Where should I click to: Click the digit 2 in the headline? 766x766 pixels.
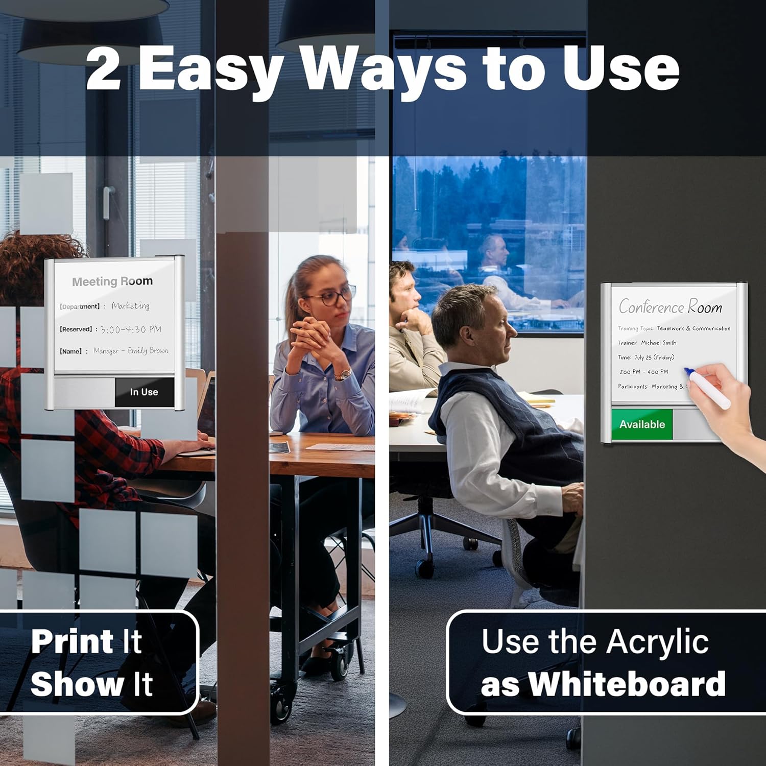coord(104,68)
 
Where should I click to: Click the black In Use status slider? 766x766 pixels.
coord(145,392)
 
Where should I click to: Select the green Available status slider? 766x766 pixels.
coord(642,424)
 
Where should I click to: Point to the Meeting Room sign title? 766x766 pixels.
coord(112,281)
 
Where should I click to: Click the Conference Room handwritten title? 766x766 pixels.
coord(671,307)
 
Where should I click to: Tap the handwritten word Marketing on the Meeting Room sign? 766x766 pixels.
coord(131,306)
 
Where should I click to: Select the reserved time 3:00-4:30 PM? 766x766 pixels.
coord(131,329)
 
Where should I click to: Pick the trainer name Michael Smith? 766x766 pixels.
coord(659,343)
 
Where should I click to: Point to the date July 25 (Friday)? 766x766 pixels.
coord(654,357)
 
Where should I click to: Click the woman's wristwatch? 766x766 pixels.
coord(343,374)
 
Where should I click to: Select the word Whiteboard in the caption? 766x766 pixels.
coord(627,684)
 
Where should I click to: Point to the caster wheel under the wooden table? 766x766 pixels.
coord(280,698)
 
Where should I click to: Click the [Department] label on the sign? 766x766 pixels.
coord(80,306)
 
